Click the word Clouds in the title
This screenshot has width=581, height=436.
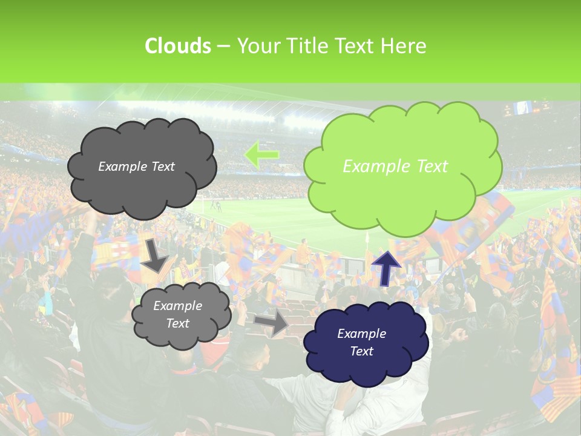point(177,46)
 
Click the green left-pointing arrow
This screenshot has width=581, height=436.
point(261,154)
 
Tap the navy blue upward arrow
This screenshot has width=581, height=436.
point(386,268)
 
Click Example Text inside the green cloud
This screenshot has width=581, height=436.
point(395,166)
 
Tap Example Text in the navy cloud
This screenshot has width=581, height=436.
point(361,342)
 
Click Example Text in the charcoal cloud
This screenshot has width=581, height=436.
point(136,167)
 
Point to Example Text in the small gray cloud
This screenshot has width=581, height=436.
point(178,314)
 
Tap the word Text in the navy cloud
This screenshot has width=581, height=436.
point(362,351)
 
